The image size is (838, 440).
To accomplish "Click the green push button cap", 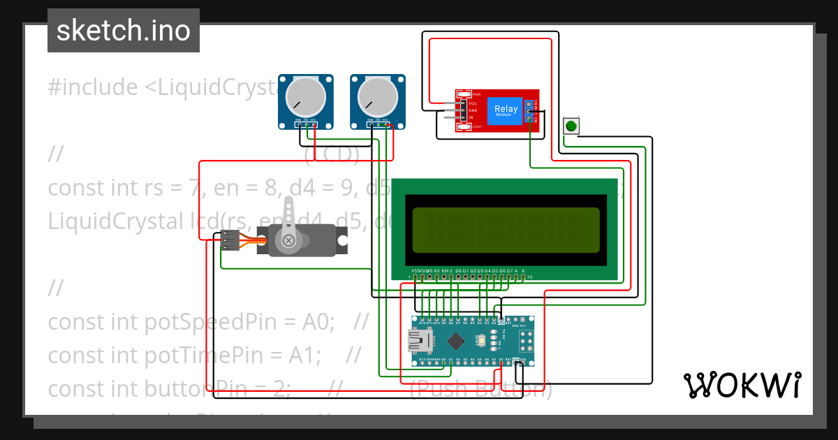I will tap(571, 126).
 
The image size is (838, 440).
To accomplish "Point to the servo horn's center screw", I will tap(288, 241).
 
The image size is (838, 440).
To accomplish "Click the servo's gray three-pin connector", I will tap(230, 240).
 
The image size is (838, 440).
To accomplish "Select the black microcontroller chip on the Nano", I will tap(456, 342).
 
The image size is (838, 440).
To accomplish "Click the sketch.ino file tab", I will tap(124, 31).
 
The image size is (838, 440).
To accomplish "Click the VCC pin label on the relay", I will tap(473, 103).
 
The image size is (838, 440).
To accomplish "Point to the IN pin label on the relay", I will tap(471, 117).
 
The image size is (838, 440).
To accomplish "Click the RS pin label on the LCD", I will tap(436, 270).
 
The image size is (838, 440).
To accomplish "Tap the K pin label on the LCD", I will tap(523, 270).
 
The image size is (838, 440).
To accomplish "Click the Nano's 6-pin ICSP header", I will tap(526, 342).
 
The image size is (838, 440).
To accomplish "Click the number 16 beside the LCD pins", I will tap(530, 277).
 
